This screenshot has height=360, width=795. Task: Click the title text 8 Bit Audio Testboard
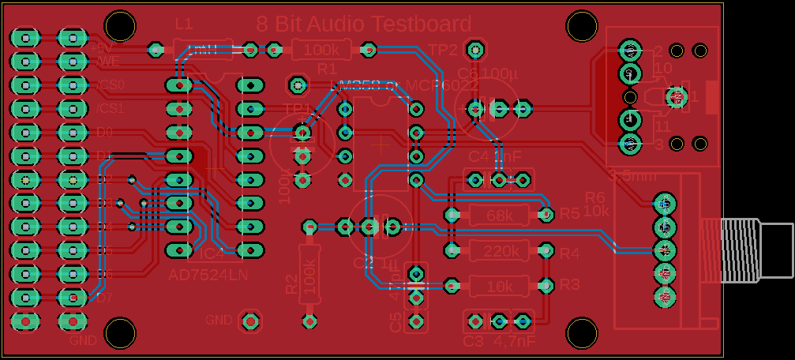(365, 24)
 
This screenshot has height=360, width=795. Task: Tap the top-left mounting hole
(121, 26)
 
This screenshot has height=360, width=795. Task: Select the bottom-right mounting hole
(582, 334)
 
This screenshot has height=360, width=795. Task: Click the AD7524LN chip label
(208, 275)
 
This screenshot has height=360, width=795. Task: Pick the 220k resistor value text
(500, 252)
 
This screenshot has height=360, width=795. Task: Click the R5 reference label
(570, 214)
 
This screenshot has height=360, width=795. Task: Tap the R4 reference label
(570, 254)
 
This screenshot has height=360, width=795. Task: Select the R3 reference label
(570, 284)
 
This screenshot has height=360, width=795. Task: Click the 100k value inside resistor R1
(321, 51)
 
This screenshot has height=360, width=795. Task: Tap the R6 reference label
(595, 197)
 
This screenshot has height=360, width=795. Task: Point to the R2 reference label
(291, 284)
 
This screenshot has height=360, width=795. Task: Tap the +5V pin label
(101, 47)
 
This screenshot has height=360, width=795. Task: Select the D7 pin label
(104, 298)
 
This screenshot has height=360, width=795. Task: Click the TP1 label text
(298, 108)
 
